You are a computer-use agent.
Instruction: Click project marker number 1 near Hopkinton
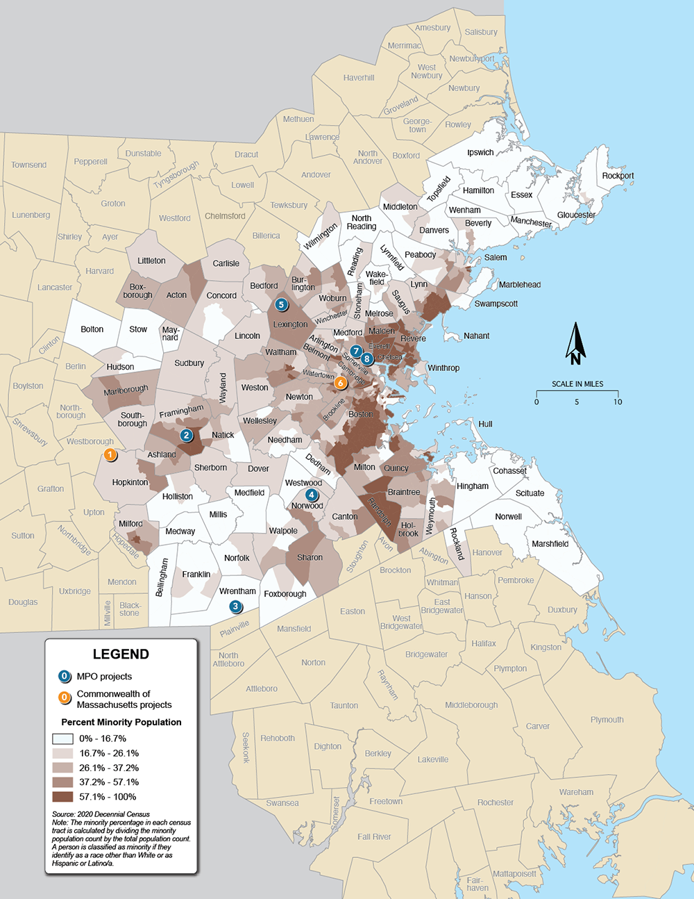(x=110, y=455)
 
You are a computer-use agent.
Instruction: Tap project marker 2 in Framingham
(x=186, y=436)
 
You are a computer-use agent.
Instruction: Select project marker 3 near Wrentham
(x=236, y=607)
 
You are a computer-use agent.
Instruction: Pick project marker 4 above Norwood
(x=312, y=495)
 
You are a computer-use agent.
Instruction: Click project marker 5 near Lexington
(x=281, y=304)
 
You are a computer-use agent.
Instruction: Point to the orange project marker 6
(x=340, y=383)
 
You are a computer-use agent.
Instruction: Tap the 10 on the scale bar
(x=618, y=402)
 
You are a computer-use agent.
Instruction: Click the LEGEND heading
(x=121, y=654)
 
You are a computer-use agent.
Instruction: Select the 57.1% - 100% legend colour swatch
(x=62, y=797)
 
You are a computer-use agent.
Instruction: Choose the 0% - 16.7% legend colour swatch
(x=62, y=739)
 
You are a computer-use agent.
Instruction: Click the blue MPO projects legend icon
(x=65, y=676)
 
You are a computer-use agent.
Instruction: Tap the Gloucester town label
(x=576, y=215)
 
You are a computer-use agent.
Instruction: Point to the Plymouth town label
(x=607, y=720)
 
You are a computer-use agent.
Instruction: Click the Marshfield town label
(x=550, y=544)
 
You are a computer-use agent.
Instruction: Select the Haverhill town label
(x=359, y=78)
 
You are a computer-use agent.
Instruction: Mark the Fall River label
(x=374, y=836)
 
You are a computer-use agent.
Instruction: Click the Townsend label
(x=29, y=165)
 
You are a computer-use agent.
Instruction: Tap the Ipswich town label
(x=480, y=153)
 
